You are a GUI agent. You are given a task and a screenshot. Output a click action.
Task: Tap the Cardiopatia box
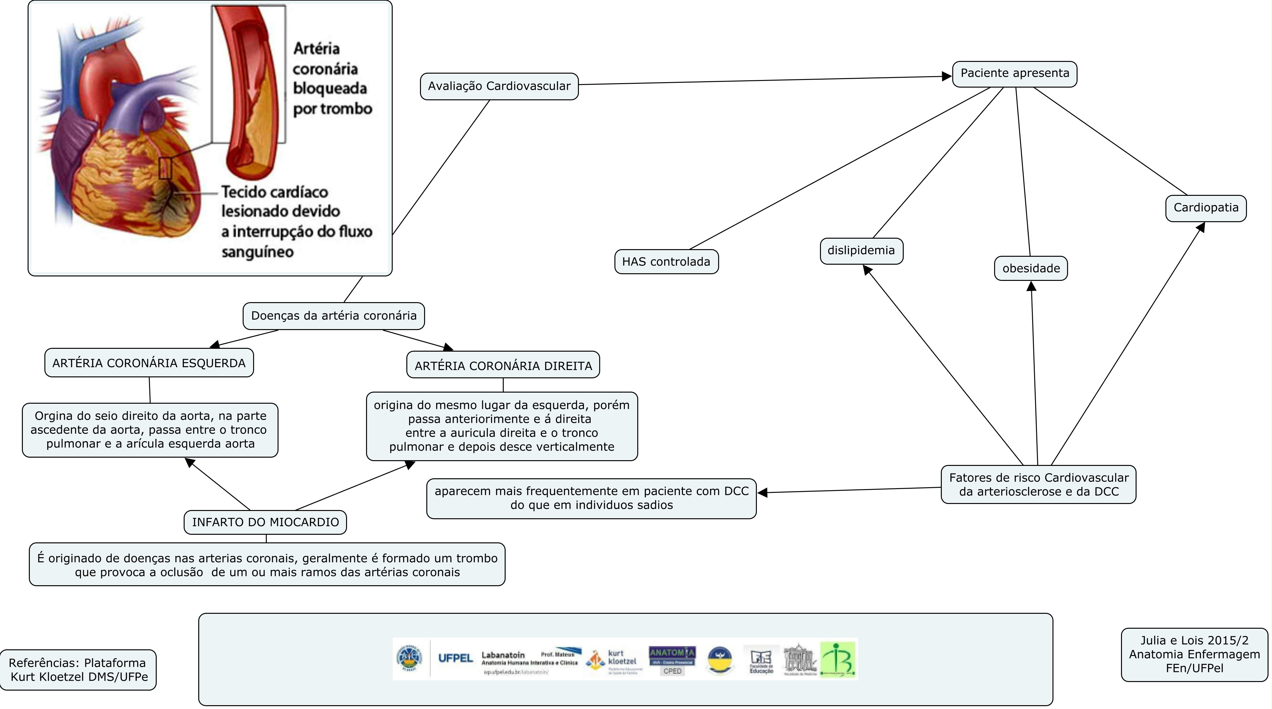(x=1205, y=208)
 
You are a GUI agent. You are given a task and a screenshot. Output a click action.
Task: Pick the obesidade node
(x=1031, y=268)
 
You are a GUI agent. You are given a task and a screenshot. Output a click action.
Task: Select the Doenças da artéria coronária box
(x=333, y=316)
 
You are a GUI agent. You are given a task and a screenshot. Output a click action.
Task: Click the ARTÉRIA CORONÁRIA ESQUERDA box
(x=149, y=363)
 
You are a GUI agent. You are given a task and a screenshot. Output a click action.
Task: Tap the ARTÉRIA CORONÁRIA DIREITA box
(x=503, y=366)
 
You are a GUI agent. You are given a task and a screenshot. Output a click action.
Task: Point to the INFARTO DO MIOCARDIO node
(x=265, y=522)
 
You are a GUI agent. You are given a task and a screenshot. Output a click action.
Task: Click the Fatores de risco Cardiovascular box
(x=1039, y=485)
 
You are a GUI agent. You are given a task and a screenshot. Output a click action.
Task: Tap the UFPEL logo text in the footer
(x=455, y=658)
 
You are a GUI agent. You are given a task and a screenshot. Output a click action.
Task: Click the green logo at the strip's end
(x=838, y=659)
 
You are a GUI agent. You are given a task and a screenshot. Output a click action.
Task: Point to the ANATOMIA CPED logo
(x=672, y=659)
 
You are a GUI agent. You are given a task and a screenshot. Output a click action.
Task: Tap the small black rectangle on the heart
(x=165, y=168)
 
